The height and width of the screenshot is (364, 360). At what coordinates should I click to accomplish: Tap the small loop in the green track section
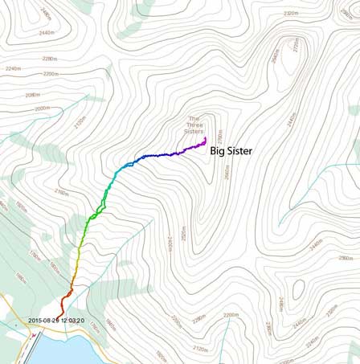pos(98,212)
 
